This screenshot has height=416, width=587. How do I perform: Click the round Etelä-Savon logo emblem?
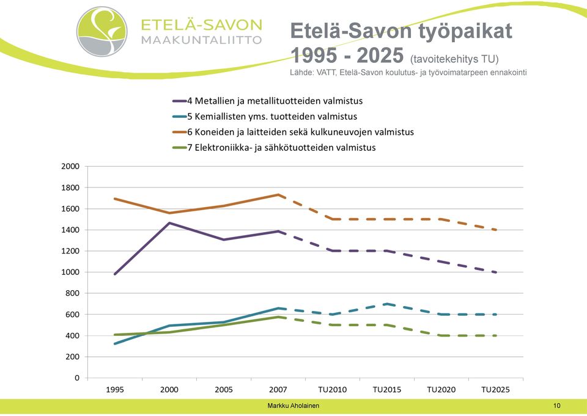tap(102, 31)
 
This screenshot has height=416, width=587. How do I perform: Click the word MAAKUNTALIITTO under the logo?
tap(201, 40)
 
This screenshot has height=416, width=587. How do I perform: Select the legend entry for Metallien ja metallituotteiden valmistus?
tap(267, 101)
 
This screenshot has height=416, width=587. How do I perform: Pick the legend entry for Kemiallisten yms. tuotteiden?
tap(265, 116)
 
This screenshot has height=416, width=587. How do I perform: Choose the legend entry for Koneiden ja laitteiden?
tap(293, 132)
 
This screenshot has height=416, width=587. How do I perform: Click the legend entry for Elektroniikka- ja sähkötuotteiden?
tap(274, 147)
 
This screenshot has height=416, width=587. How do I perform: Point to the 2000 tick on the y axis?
tap(70, 166)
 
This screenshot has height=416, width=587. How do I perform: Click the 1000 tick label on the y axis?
tap(70, 272)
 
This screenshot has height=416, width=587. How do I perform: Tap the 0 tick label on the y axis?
tap(77, 378)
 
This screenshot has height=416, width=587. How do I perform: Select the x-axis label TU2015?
tap(386, 390)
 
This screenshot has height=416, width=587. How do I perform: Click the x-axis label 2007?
tap(278, 390)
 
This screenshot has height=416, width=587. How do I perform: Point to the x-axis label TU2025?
tap(496, 390)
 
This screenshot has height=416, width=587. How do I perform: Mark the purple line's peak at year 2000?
tap(169, 223)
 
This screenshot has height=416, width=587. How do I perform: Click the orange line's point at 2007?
tap(278, 194)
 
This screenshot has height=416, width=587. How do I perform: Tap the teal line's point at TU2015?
tap(386, 304)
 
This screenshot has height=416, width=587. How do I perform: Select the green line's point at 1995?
tap(115, 334)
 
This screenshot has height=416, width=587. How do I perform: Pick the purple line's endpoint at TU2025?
tap(496, 272)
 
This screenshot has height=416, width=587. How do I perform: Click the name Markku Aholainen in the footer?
tap(293, 406)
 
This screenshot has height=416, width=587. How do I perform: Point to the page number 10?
tap(556, 406)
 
